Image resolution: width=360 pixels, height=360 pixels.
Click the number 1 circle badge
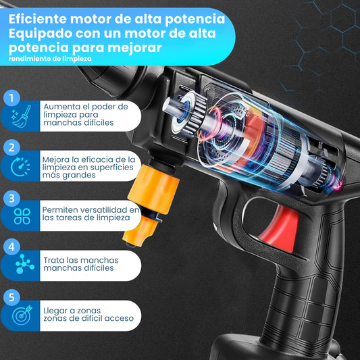11,98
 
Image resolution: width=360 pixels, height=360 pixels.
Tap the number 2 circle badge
11,147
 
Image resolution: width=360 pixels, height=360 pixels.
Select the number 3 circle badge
11,199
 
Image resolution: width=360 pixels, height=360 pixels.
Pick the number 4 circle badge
11,247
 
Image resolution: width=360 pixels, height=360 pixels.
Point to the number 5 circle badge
11,298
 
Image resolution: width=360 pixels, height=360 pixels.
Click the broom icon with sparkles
22,116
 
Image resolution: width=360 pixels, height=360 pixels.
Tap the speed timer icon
20,167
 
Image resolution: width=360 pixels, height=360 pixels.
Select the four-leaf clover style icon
22,216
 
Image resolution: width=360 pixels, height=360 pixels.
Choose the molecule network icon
24,264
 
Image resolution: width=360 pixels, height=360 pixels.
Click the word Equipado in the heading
41,34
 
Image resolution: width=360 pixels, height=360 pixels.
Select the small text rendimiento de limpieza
50,59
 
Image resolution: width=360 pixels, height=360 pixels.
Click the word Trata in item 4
54,260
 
